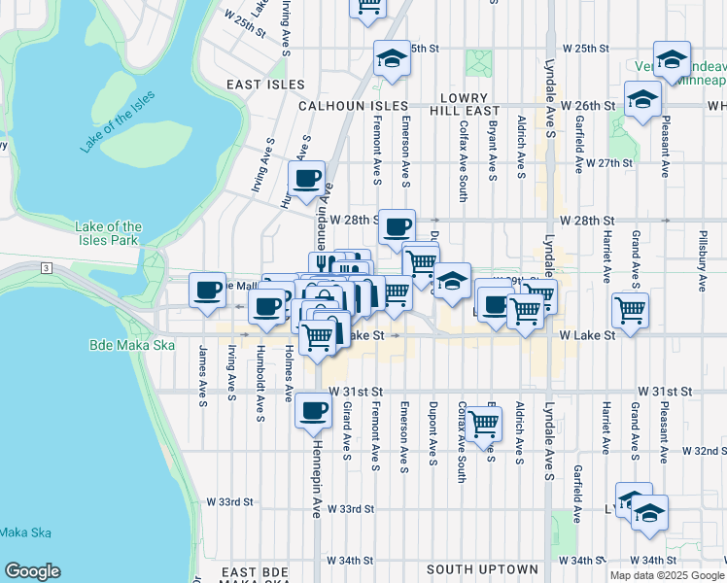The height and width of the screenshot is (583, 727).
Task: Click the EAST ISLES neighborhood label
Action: pos(265,85)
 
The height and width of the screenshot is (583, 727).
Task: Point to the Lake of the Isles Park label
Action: pos(108,233)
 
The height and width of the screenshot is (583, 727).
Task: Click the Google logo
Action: pos(32,571)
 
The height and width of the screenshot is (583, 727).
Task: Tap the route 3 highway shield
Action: pos(45,266)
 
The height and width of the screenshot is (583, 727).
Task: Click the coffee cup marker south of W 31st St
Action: pos(313,410)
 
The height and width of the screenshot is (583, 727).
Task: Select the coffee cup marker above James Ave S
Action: pos(208,290)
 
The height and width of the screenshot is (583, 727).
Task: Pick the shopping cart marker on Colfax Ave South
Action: pos(483,424)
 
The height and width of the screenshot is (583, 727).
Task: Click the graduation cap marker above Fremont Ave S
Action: pos(392,59)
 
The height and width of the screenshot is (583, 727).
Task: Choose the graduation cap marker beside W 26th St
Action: pos(641,99)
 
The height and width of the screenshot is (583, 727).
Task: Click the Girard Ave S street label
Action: pos(347,426)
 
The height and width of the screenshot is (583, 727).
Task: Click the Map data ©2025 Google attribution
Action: pos(666,575)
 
